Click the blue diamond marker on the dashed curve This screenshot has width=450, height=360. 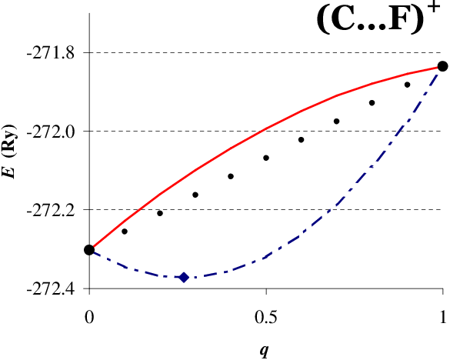[184, 278]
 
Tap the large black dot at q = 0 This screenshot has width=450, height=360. [89, 250]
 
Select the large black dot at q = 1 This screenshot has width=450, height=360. [442, 66]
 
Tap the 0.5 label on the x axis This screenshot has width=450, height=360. [266, 318]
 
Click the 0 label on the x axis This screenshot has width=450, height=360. [89, 318]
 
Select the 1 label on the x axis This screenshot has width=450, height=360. [443, 318]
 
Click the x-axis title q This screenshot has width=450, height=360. [264, 350]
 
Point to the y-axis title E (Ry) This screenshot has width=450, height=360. [9, 152]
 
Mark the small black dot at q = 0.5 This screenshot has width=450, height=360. [266, 158]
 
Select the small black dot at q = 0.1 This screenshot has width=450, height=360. [125, 231]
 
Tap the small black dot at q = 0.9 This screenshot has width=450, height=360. [407, 85]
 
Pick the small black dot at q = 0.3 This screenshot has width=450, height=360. [195, 195]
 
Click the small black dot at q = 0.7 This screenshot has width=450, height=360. [337, 121]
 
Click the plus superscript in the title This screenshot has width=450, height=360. [434, 7]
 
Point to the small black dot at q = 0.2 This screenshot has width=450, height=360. [160, 213]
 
